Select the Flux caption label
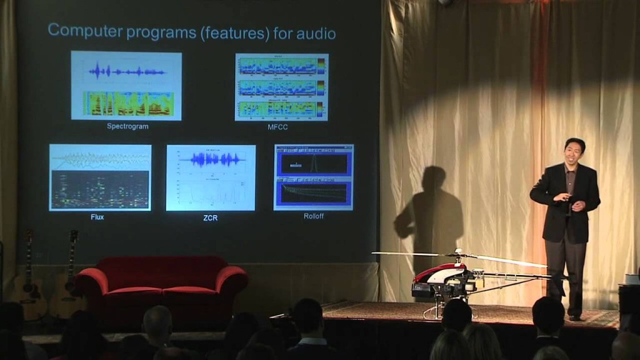pos(97,217)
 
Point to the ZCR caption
pos(211,218)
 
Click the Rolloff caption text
pos(313,216)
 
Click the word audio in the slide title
pos(315,32)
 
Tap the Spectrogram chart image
pos(126,86)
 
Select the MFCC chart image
pos(281,87)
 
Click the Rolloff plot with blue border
pos(313,177)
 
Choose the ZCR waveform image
pos(211,178)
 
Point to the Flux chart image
pos(100,177)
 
